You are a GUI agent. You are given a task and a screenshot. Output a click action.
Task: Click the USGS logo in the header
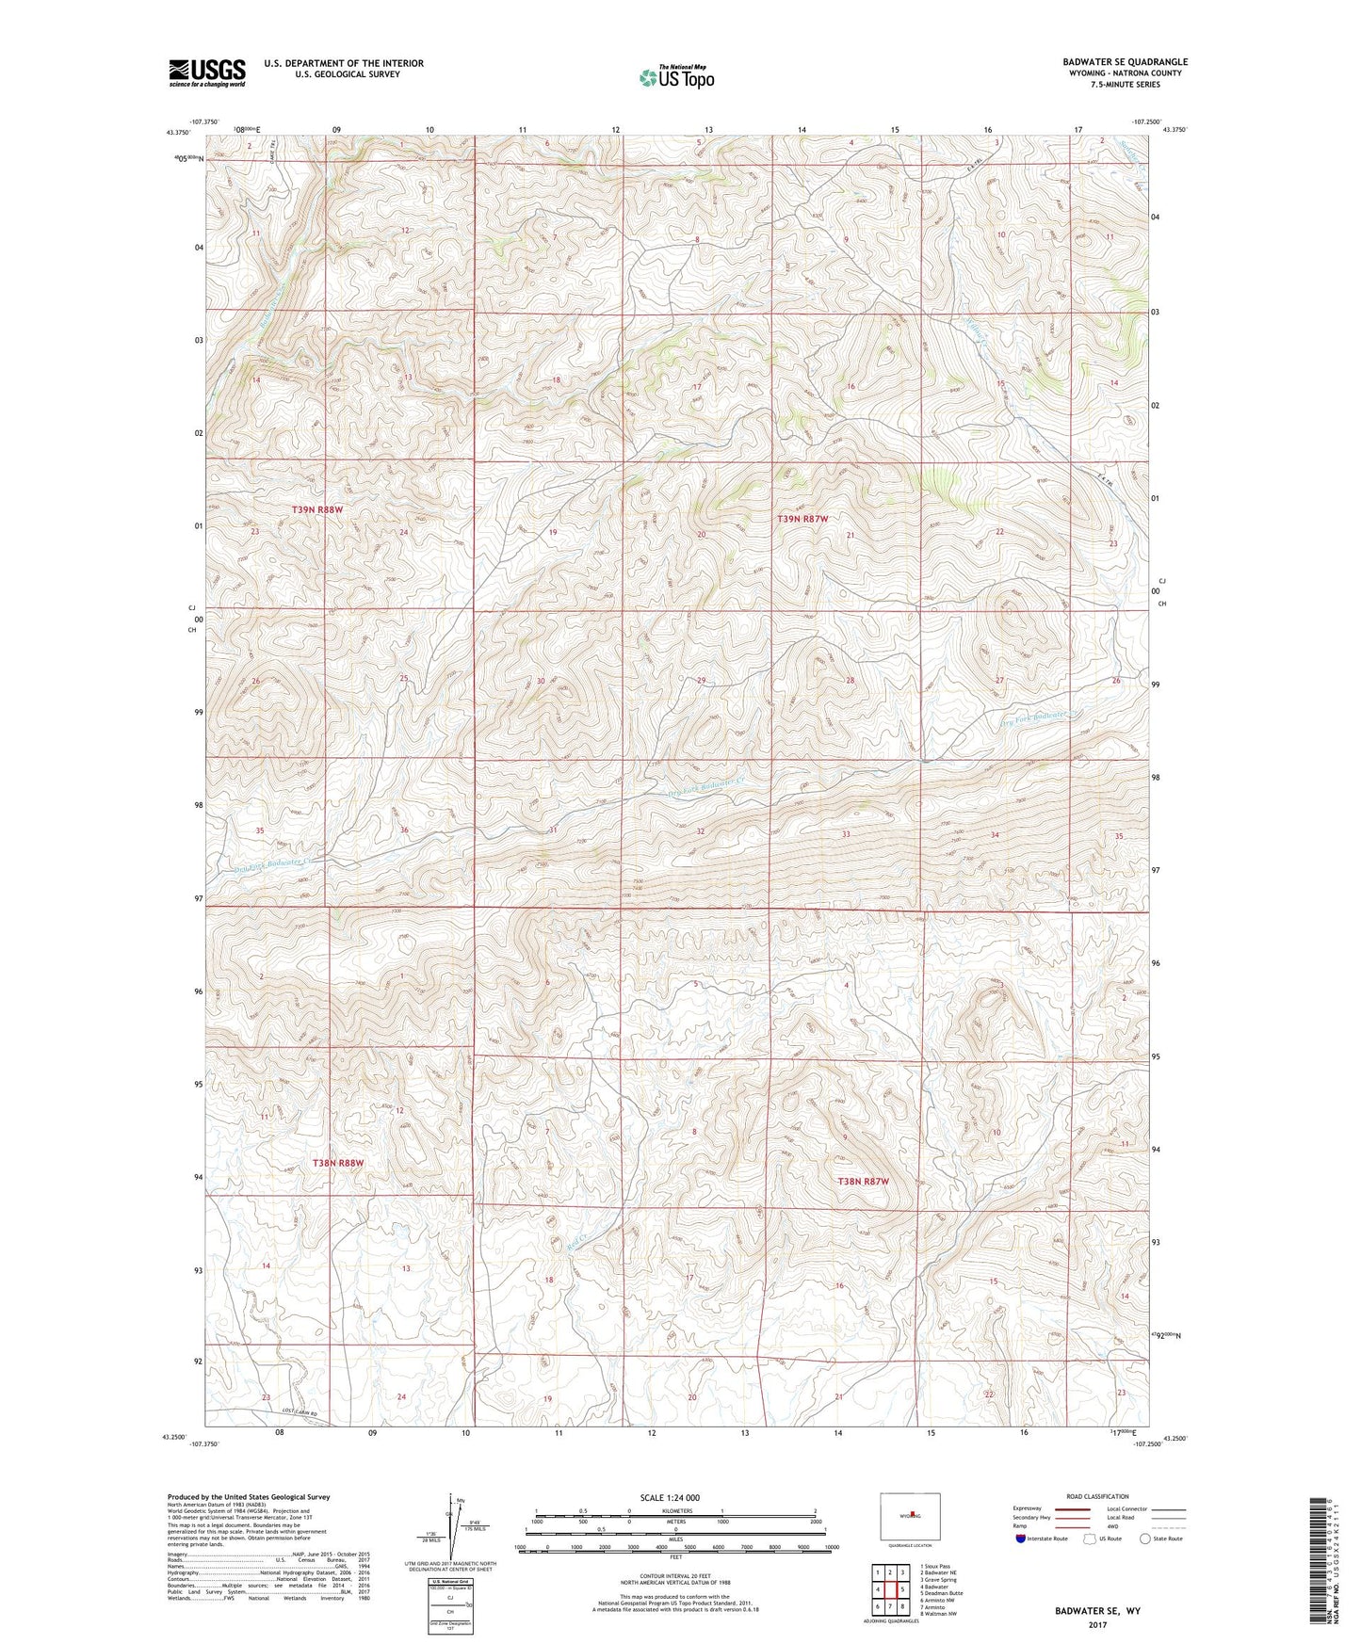[206, 73]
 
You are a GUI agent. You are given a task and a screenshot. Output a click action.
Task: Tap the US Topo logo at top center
[675, 77]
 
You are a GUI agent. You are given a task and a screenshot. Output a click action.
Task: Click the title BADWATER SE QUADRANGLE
[1124, 62]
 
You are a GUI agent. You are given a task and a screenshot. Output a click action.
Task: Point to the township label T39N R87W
[802, 519]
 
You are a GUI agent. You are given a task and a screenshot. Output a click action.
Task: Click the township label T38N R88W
[337, 1163]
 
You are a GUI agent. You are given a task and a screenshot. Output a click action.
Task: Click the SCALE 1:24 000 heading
[670, 1497]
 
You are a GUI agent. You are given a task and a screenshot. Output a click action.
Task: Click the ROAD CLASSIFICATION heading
[1097, 1496]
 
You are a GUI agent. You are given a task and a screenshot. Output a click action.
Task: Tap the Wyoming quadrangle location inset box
[910, 1516]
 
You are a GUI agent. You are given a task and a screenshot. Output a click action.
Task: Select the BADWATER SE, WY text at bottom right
[1097, 1611]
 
